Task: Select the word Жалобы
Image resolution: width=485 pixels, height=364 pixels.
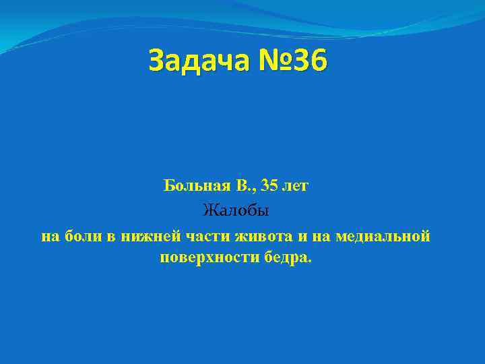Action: [236, 212]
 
